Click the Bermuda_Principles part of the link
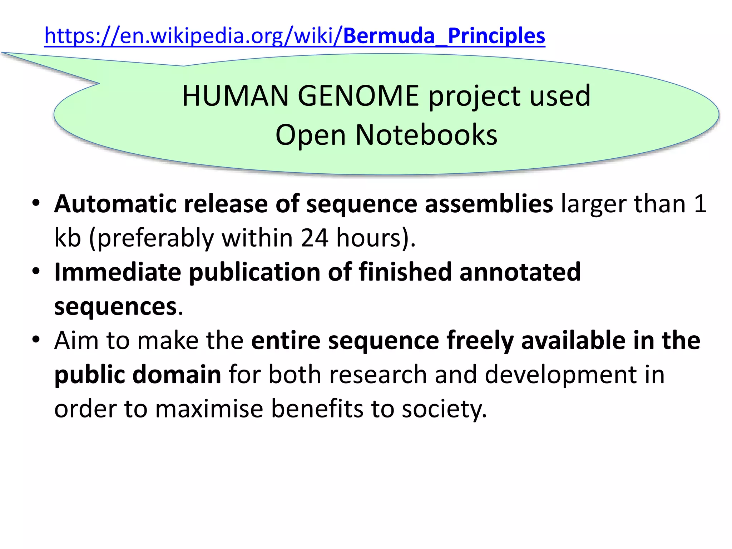444,36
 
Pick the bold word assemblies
489,204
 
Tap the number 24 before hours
314,238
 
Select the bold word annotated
520,272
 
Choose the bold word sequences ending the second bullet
115,307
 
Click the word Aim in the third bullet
76,340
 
